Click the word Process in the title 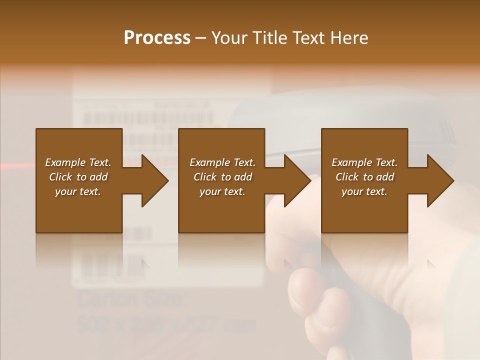[157, 38]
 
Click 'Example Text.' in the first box [78, 162]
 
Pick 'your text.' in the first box [78, 191]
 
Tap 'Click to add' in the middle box [222, 177]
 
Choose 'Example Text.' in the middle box [222, 162]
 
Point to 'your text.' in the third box [364, 191]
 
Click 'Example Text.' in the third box [364, 162]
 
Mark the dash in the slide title [201, 38]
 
